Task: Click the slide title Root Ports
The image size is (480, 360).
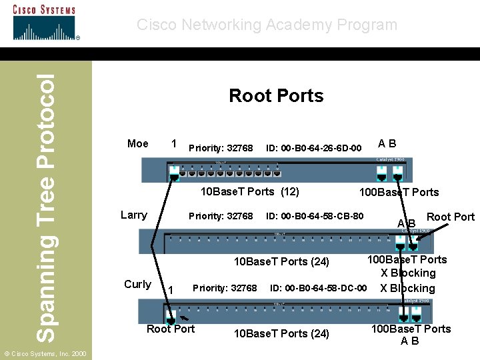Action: coord(276,96)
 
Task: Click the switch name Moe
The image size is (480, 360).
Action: coord(137,144)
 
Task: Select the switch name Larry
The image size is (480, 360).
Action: coord(133,215)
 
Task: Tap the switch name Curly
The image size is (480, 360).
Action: coord(137,284)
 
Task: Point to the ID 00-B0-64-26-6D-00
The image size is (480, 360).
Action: coord(313,148)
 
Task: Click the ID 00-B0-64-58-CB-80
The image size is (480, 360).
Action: coord(315,216)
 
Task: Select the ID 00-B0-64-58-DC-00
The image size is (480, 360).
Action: coord(318,288)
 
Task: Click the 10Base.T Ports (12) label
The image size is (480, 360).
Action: coord(250,192)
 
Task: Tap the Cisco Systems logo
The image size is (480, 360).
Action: coord(45,23)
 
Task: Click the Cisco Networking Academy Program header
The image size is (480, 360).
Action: coord(267,25)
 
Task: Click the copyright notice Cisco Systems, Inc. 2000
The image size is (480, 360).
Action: coord(44,353)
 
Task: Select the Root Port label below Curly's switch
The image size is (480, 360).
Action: coord(171,329)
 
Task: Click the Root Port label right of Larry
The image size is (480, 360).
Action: coord(450,217)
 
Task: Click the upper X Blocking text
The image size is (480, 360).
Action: coord(408,273)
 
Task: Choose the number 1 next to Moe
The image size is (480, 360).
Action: coord(174,143)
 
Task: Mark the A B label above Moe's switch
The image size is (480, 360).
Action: coord(387,143)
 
